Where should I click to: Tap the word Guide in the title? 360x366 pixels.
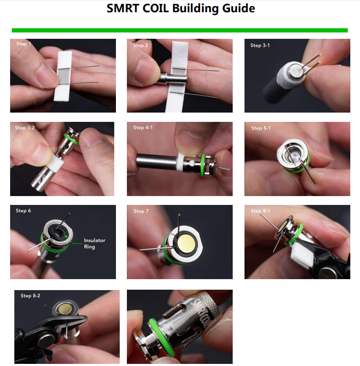click(236, 8)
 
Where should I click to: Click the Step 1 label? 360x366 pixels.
click(24, 44)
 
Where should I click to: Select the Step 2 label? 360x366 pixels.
click(141, 45)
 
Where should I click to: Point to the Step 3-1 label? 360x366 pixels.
click(260, 45)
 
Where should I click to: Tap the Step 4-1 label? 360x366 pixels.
click(143, 127)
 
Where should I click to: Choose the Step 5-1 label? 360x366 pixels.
click(261, 128)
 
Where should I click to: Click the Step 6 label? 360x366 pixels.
click(23, 210)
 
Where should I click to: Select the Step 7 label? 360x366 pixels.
click(141, 211)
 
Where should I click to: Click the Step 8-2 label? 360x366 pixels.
click(30, 296)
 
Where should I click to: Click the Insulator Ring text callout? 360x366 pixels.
click(94, 243)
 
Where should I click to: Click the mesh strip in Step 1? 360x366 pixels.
click(63, 75)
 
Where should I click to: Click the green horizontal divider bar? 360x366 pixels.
click(180, 30)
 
